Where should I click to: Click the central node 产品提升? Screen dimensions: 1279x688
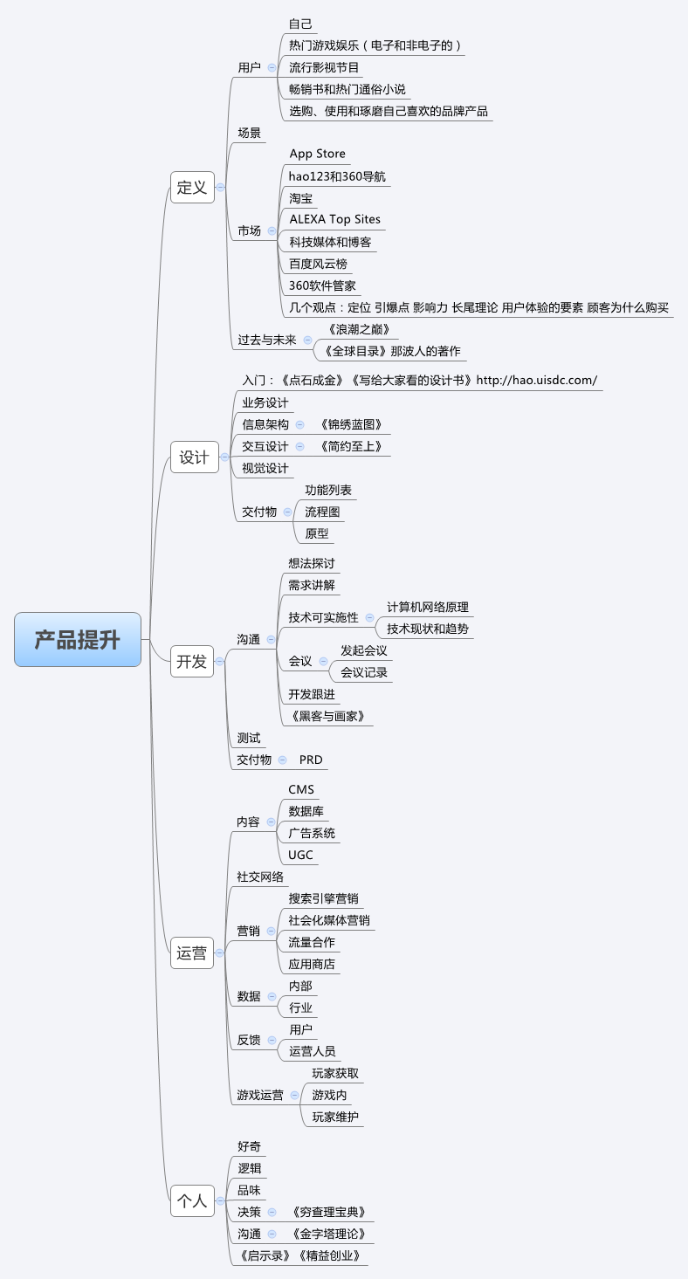pyautogui.click(x=78, y=639)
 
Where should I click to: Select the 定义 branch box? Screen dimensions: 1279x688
pyautogui.click(x=192, y=187)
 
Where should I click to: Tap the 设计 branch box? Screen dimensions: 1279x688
pyautogui.click(x=194, y=457)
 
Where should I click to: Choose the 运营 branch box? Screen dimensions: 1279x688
pyautogui.click(x=192, y=952)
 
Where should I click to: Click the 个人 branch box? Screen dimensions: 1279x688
pyautogui.click(x=192, y=1200)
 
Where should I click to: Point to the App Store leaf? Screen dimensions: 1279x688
pyautogui.click(x=317, y=154)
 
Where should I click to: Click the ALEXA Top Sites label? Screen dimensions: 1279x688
pyautogui.click(x=335, y=219)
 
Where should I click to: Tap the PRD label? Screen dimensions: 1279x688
pyautogui.click(x=311, y=760)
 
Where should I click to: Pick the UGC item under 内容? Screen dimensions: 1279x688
pyautogui.click(x=300, y=855)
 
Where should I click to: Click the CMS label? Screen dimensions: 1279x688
pyautogui.click(x=301, y=789)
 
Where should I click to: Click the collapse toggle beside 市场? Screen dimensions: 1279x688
pyautogui.click(x=272, y=230)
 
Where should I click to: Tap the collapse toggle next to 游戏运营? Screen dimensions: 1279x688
pyautogui.click(x=294, y=1095)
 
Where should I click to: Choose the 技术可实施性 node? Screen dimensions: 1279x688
pyautogui.click(x=323, y=617)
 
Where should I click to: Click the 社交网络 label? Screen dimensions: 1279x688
pyautogui.click(x=260, y=876)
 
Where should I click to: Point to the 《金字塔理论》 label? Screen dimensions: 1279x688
pyautogui.click(x=329, y=1234)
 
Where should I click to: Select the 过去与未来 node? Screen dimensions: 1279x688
pyautogui.click(x=267, y=340)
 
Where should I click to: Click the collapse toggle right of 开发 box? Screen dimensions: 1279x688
pyautogui.click(x=219, y=662)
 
